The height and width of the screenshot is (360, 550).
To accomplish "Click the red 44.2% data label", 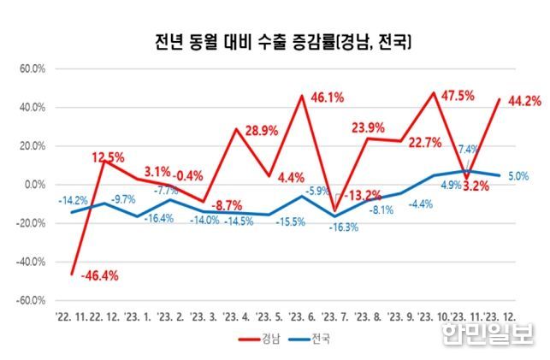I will (x=523, y=102).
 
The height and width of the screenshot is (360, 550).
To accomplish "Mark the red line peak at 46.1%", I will (x=301, y=96).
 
